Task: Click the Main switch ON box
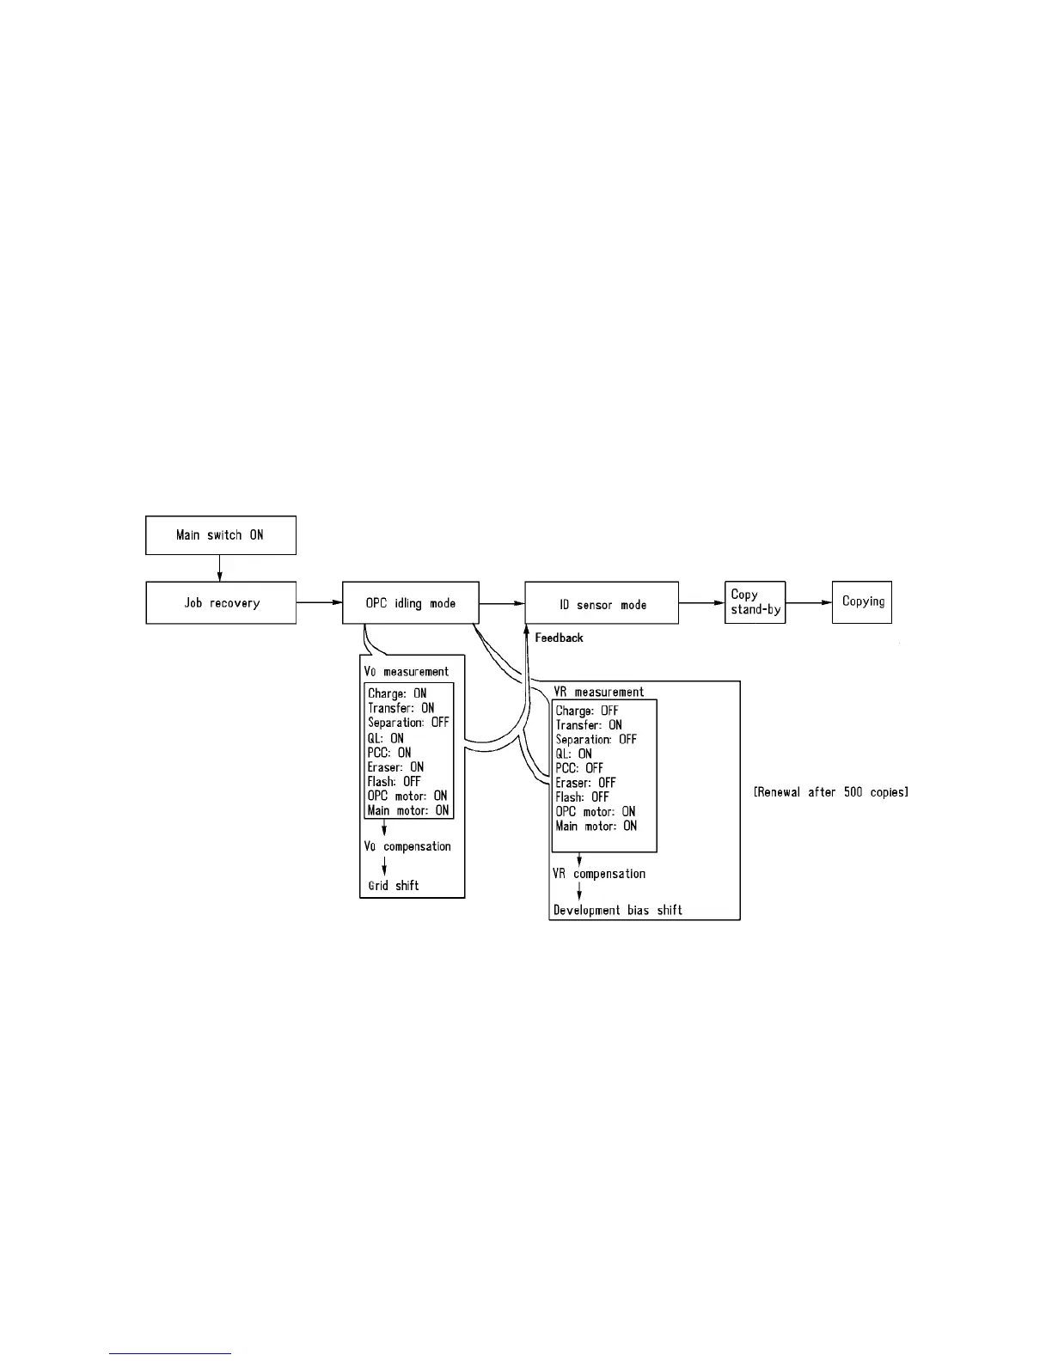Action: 220,535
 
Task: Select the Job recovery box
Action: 221,603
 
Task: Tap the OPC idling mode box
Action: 410,603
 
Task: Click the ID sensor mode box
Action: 602,605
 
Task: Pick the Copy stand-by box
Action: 755,602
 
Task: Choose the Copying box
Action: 862,602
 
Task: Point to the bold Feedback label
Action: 559,638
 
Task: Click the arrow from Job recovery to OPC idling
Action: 319,602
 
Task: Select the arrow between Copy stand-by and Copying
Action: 809,602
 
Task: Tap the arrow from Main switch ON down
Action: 220,568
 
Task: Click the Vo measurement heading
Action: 407,671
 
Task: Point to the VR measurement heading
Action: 598,692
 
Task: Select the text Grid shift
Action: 394,885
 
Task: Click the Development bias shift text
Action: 618,910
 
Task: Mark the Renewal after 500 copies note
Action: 830,791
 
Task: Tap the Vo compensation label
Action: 407,846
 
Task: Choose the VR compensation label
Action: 598,874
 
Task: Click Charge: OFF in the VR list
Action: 587,711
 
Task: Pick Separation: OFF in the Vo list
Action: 408,723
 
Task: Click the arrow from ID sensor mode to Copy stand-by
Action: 701,602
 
